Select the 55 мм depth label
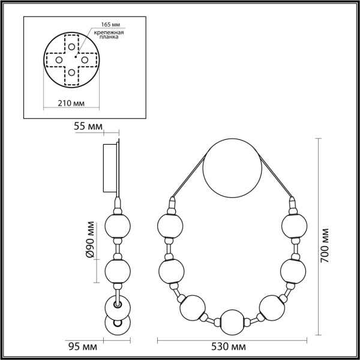click(88, 127)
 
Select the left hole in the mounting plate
click(58, 60)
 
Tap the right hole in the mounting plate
click(85, 60)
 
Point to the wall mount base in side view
click(112, 167)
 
